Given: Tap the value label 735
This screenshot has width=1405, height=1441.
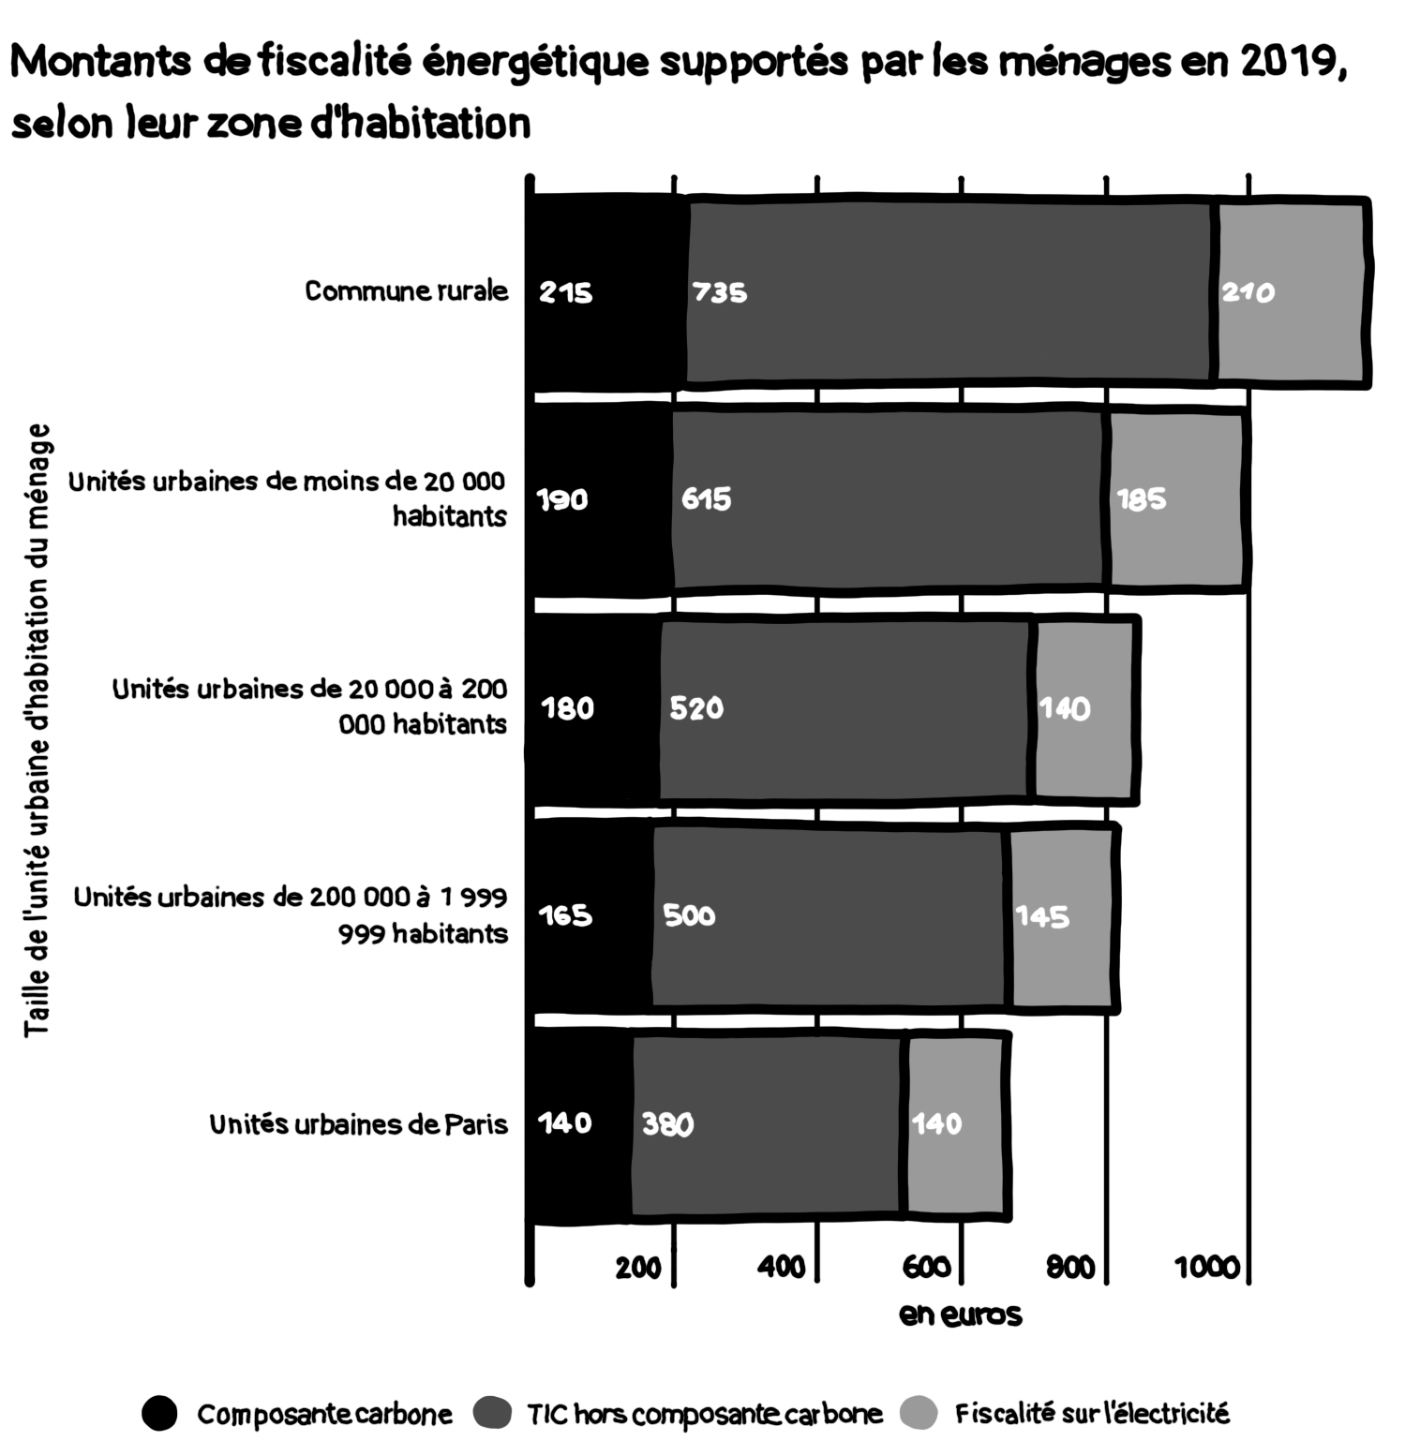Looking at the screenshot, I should coord(720,293).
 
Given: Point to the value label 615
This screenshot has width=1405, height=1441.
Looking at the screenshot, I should coord(706,498).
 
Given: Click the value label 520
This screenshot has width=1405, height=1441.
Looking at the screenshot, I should coord(696,707).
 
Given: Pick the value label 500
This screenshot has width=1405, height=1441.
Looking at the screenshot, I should coord(689,914).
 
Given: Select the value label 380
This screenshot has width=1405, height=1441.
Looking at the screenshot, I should coord(667,1123).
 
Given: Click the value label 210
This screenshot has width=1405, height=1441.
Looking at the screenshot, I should coord(1248,293).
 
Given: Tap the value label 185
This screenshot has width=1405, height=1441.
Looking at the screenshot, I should coord(1141,499).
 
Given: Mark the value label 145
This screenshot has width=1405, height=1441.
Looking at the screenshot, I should coord(1042,916).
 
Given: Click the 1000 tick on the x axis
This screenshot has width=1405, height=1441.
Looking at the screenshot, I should coord(1207,1268).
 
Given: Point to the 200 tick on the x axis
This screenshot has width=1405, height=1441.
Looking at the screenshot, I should coord(638,1268).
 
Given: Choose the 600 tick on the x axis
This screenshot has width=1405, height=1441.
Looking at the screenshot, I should coord(927,1268).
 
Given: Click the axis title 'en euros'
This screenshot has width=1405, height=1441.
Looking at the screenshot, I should coord(960,1315).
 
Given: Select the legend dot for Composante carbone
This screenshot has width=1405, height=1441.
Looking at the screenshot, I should coord(159,1413).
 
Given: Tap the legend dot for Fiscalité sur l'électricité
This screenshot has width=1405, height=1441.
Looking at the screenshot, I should coord(918,1413).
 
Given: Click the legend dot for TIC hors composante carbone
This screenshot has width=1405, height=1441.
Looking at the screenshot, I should coord(493,1413).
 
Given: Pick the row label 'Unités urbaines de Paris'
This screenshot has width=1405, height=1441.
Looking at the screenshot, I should coord(358,1123).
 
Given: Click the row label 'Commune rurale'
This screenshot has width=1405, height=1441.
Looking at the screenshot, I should coord(406,291).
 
